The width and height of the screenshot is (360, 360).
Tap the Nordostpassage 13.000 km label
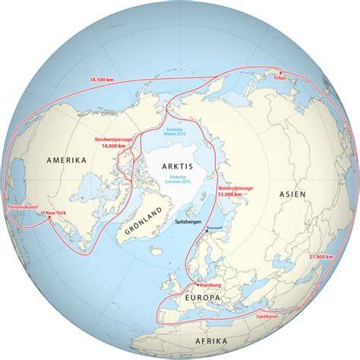[235, 190]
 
